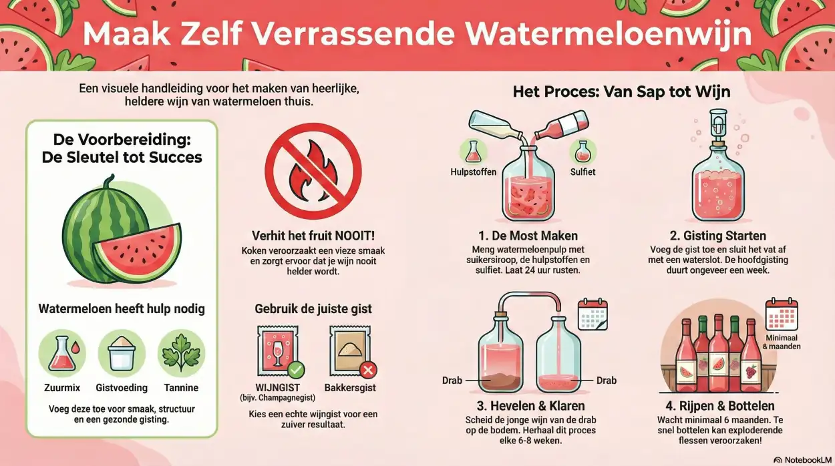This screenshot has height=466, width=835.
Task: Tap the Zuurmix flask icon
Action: click(61, 353)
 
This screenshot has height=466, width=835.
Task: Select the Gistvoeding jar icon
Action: click(122, 353)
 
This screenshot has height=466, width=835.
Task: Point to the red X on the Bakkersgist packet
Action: click(367, 371)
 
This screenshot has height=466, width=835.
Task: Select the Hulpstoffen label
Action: click(474, 172)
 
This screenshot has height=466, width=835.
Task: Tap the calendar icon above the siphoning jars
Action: click(592, 314)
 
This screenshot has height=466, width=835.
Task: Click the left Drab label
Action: click(452, 381)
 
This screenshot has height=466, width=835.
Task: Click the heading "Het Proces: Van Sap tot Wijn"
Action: click(622, 91)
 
